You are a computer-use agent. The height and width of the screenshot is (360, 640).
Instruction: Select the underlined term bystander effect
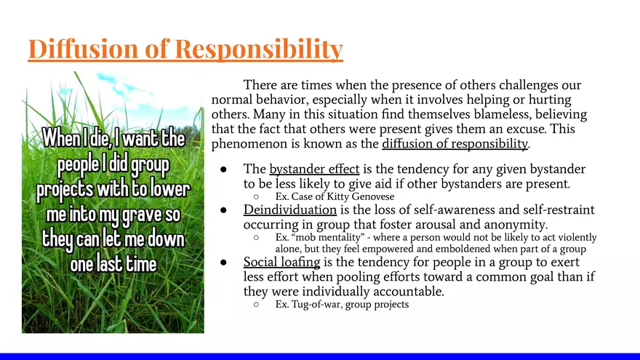click(x=314, y=169)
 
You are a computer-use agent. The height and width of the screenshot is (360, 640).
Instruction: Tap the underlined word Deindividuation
click(x=289, y=210)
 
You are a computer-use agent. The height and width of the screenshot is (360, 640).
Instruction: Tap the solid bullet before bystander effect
click(x=225, y=169)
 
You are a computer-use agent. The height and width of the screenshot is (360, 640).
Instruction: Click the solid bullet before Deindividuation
click(x=225, y=210)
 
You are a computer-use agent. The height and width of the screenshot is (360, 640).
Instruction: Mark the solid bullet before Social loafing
click(x=225, y=262)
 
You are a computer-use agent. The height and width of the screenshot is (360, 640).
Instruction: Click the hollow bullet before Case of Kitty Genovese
click(x=256, y=197)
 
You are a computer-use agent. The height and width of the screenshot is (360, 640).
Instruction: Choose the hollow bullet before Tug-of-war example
click(x=256, y=305)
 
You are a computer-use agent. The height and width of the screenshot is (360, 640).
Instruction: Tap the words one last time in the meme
click(x=113, y=263)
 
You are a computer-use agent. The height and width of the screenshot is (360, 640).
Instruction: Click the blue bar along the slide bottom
click(x=320, y=356)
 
